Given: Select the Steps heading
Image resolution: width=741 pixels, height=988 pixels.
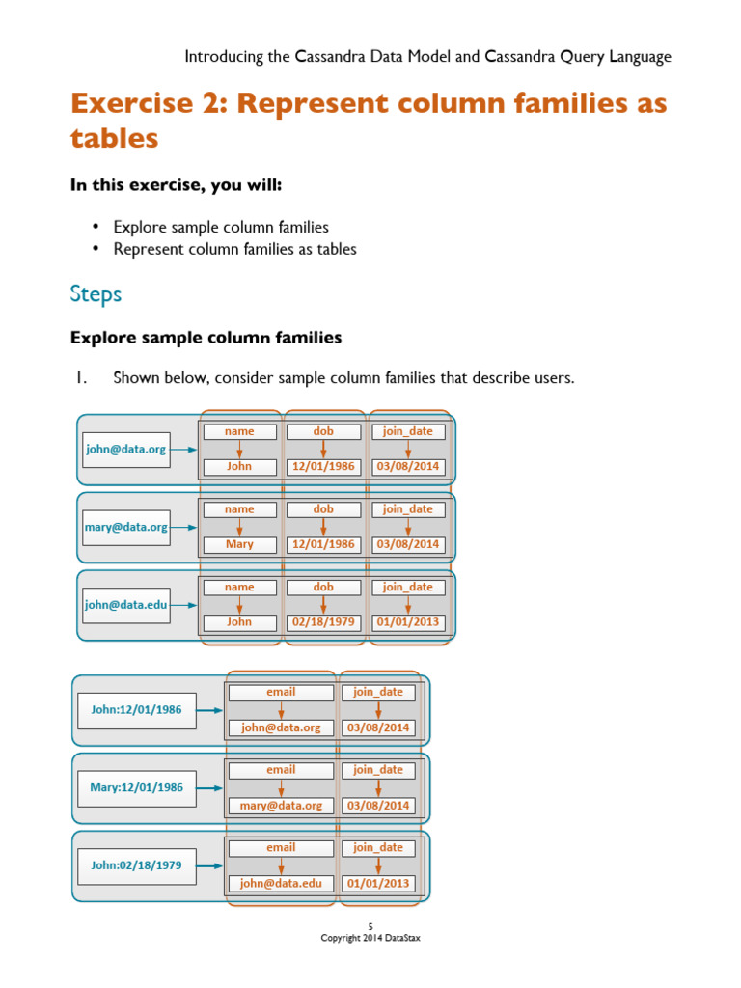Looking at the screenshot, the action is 96,294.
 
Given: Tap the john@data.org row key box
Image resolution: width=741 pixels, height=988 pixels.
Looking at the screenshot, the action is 126,450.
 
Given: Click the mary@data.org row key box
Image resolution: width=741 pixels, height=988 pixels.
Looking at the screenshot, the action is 126,528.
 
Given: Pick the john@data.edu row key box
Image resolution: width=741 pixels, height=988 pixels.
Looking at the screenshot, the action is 126,606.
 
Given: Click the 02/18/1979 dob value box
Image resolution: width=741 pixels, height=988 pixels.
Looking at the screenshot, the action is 323,622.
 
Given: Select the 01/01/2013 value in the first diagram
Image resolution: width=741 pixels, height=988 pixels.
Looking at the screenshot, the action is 408,622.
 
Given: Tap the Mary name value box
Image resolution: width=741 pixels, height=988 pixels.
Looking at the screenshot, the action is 239,544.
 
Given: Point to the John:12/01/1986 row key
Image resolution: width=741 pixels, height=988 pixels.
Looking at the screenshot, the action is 136,710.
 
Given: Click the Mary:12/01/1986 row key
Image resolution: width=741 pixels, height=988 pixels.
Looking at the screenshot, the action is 136,787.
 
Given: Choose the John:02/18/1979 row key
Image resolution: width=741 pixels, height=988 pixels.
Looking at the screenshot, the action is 136,865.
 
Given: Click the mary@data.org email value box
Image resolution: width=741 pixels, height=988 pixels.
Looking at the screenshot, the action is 281,805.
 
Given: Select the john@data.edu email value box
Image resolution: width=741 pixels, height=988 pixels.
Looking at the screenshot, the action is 281,883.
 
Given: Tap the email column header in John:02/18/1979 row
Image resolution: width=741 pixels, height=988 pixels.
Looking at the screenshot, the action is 281,848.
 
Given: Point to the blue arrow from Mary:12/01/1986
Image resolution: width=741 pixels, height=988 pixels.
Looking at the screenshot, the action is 210,788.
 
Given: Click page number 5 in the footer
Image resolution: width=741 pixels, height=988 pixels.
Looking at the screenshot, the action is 370,927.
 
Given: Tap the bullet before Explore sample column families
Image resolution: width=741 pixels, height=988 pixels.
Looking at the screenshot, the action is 96,228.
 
